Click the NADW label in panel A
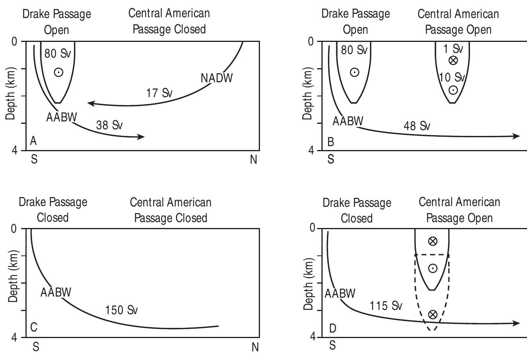coord(217,78)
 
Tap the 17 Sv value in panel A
coord(159,93)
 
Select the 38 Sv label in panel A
coord(109,125)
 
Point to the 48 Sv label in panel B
coord(417,126)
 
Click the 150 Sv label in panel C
coord(121,310)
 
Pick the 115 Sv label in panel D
coord(386,305)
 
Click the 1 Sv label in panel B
coord(453,49)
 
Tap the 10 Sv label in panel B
coord(452,77)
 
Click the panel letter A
coord(33,141)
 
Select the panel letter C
coord(34,327)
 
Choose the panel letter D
coord(332,328)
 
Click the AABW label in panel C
coord(56,292)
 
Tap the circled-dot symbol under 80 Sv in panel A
coord(58,72)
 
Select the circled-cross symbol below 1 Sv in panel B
coord(453,60)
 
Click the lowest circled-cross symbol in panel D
coord(433,314)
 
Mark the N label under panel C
coord(255,347)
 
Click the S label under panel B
coord(331,159)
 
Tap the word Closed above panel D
coord(356,218)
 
